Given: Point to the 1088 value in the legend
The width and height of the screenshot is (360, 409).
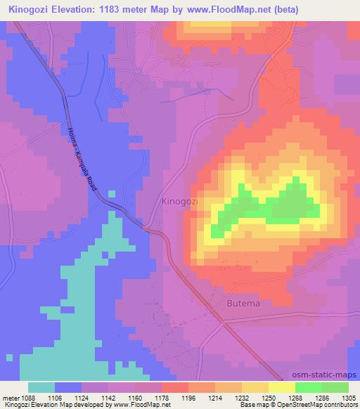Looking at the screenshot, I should click(27, 397).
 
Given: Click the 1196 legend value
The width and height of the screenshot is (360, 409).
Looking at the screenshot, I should click(189, 397).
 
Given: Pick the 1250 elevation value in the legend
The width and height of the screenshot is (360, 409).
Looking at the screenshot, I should click(269, 397).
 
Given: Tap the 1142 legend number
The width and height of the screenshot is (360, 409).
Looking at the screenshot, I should click(109, 397).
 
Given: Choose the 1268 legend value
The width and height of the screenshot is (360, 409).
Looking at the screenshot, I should click(296, 397).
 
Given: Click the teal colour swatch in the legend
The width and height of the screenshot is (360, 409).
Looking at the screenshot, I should click(42, 387).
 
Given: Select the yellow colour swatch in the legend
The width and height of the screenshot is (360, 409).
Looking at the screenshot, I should click(281, 387).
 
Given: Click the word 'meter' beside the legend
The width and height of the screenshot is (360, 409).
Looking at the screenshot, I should click(10, 397).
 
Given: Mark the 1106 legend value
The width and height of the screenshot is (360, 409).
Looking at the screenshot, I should click(56, 397).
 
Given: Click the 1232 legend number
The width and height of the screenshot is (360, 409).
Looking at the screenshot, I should click(243, 397).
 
